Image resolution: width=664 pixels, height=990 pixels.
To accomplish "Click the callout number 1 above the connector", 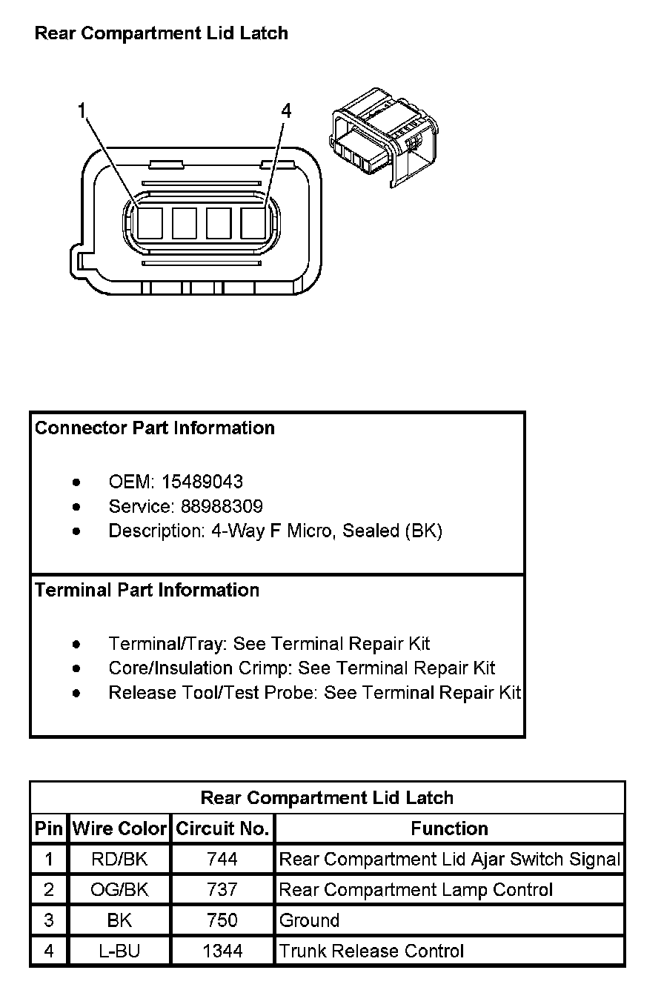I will [82, 111].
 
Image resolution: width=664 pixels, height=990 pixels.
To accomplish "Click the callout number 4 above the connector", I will [286, 111].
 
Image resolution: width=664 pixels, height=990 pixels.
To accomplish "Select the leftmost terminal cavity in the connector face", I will [150, 223].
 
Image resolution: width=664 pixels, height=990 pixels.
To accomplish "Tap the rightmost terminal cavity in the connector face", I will [253, 223].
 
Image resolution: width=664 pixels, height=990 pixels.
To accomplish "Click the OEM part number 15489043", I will [202, 482].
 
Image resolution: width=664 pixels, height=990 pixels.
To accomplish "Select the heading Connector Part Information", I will [155, 428].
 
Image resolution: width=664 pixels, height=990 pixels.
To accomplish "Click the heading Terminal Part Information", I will [147, 591].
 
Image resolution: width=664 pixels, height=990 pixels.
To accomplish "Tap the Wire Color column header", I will [119, 829].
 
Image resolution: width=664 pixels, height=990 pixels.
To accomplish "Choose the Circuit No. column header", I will [222, 829].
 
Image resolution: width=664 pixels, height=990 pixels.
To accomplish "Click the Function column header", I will [449, 829].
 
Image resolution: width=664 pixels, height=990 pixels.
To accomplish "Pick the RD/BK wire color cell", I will [119, 860].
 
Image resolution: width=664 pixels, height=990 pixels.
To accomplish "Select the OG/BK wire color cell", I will [119, 890].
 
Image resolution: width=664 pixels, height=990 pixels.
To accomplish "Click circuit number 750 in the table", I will [222, 920].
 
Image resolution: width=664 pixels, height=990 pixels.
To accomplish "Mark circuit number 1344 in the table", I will [222, 951].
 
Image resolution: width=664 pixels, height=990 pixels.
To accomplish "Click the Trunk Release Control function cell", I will [371, 951].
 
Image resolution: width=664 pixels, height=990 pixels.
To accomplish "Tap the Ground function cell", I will [309, 920].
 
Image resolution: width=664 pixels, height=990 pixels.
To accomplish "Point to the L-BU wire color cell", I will [119, 951].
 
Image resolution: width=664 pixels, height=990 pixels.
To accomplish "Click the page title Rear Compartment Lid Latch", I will [162, 33].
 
